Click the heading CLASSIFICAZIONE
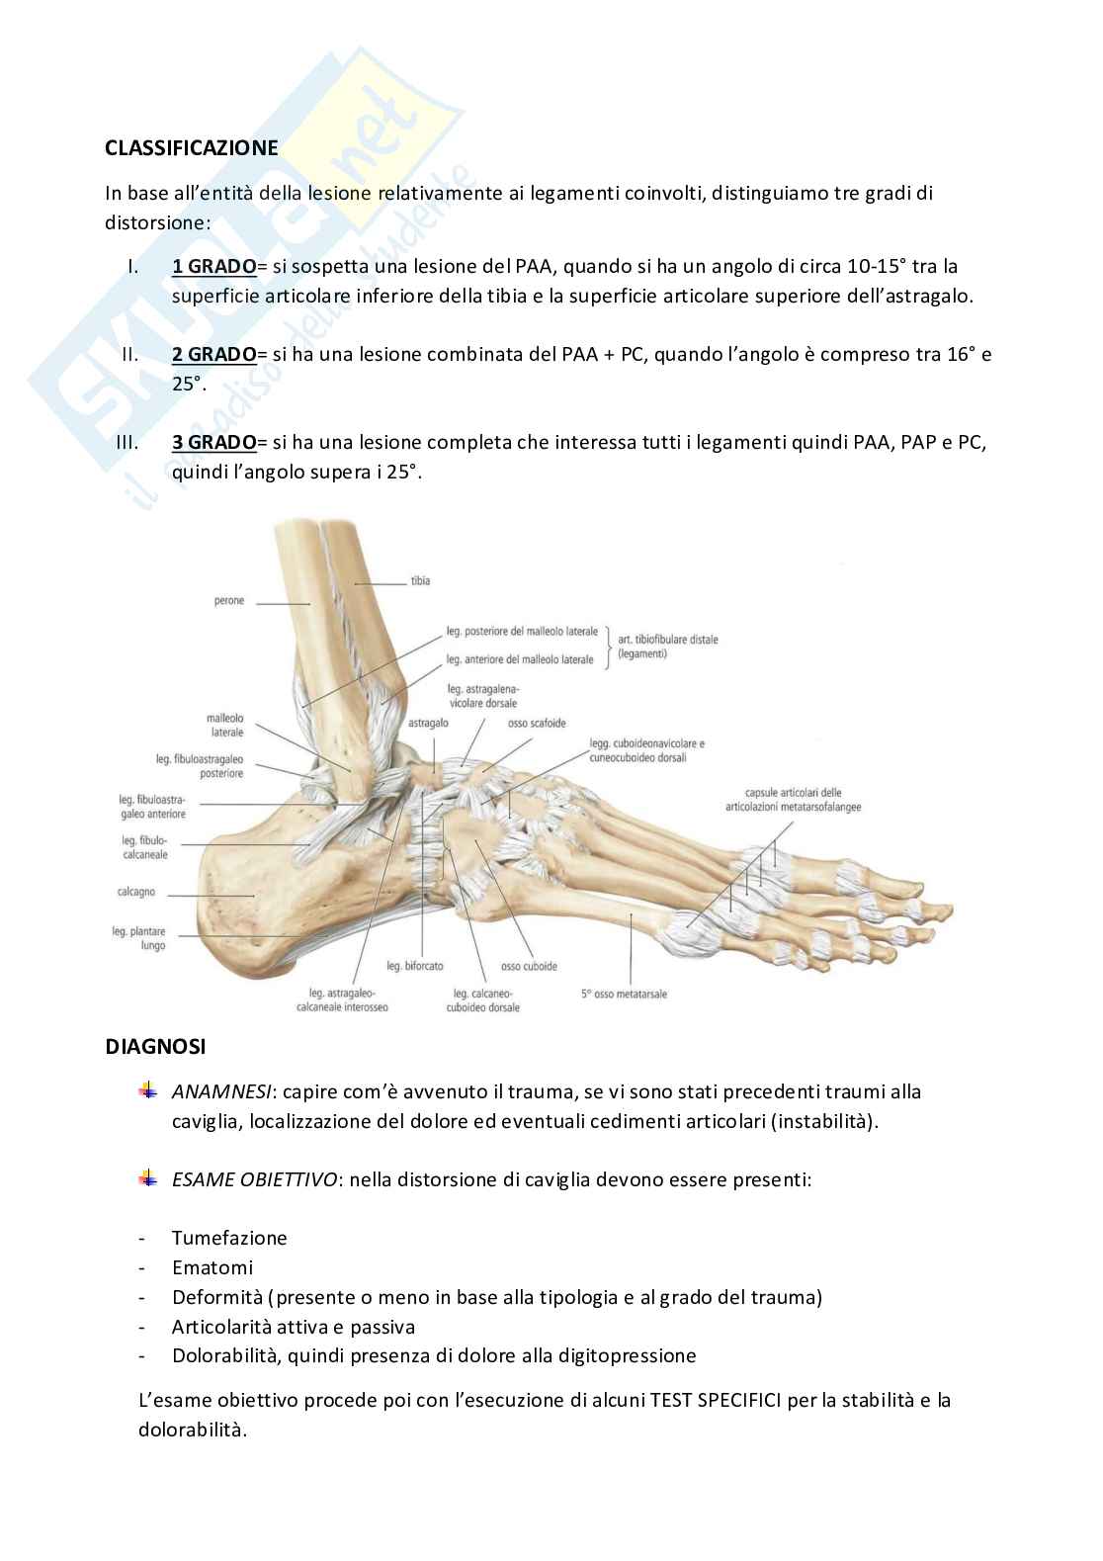coord(192,148)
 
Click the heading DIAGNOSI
coord(156,1046)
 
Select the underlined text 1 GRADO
coord(213,266)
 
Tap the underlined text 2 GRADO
coord(213,354)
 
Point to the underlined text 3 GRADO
coord(213,442)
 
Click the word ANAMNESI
coord(221,1092)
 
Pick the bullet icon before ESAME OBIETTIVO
coord(148,1177)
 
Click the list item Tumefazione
coord(229,1238)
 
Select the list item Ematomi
coord(212,1267)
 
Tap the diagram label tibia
coord(420,581)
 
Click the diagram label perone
coord(228,601)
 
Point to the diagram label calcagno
coord(136,892)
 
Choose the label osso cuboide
coord(529,966)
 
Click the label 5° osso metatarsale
coord(625,994)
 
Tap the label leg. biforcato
coord(415,966)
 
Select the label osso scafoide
coord(537,724)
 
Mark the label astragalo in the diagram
coord(428,724)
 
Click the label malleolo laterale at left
coord(225,726)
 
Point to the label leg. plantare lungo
coord(139,938)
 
